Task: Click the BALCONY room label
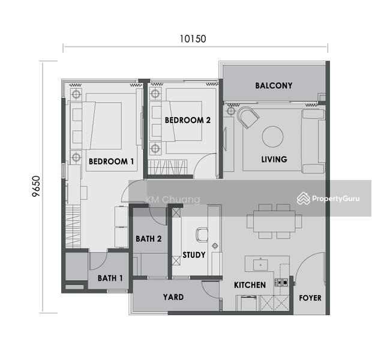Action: tap(274, 86)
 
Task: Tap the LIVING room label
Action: tap(274, 160)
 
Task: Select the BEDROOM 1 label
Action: tap(111, 161)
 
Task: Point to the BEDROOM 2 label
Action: tap(187, 120)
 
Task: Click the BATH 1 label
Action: tap(110, 278)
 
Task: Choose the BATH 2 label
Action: tap(148, 239)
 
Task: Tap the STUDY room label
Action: tap(194, 255)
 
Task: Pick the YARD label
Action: tap(173, 297)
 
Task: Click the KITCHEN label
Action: tap(250, 285)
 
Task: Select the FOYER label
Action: tap(310, 298)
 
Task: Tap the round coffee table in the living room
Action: tap(274, 136)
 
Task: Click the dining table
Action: tap(274, 220)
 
